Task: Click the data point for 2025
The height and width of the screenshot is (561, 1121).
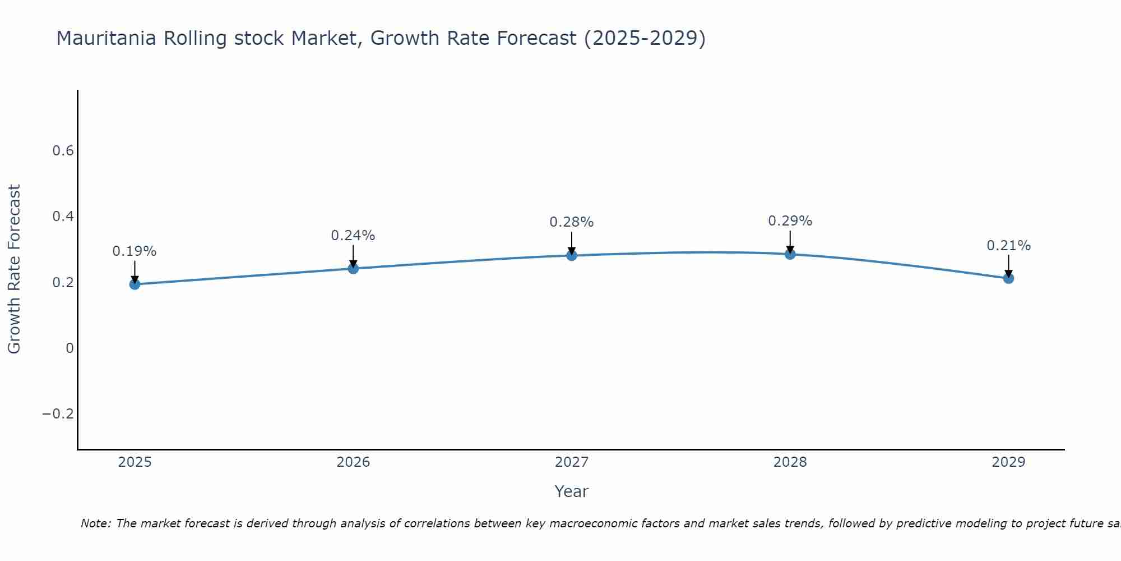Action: click(x=135, y=284)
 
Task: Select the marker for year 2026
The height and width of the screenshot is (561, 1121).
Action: click(x=353, y=268)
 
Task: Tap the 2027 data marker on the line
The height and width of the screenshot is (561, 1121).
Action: click(x=572, y=255)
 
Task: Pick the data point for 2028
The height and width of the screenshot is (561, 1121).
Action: click(x=790, y=254)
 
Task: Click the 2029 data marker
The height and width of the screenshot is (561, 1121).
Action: click(x=1008, y=278)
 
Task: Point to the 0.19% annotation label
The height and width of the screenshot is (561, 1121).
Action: click(x=135, y=251)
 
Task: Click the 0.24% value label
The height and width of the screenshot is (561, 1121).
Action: click(x=353, y=236)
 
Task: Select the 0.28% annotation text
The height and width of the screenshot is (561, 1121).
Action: click(x=572, y=222)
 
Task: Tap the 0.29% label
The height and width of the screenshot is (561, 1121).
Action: click(x=790, y=221)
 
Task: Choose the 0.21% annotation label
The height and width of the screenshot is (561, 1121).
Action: click(x=1008, y=246)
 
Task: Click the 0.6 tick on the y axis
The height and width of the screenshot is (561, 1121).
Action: click(x=63, y=151)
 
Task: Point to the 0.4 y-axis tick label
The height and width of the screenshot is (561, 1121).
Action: click(x=63, y=217)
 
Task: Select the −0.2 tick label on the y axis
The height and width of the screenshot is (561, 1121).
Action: click(x=58, y=414)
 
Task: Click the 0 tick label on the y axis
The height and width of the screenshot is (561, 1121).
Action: click(x=70, y=348)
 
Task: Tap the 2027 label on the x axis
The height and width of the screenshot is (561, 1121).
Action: click(x=572, y=462)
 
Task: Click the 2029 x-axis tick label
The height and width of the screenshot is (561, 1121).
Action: click(x=1008, y=462)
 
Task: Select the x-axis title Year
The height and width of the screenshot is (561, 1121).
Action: click(x=571, y=491)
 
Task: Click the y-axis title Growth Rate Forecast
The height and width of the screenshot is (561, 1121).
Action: click(x=14, y=269)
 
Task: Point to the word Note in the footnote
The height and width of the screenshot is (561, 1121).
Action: click(x=96, y=523)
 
